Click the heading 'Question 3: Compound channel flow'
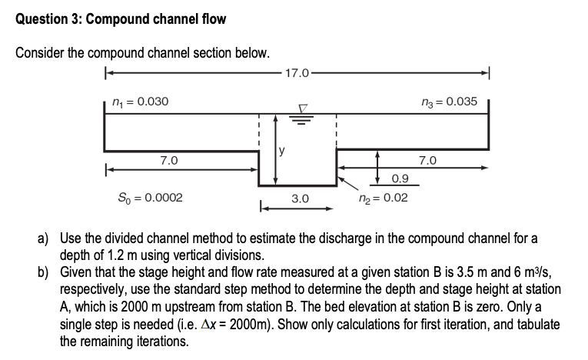(x=121, y=18)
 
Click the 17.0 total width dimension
(x=297, y=74)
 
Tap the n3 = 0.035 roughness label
(x=450, y=102)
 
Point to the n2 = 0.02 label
(x=383, y=198)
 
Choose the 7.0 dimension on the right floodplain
(x=427, y=161)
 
